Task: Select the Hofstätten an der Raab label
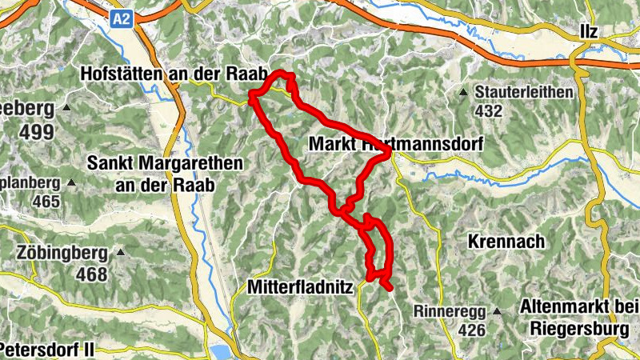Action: pyautogui.click(x=173, y=74)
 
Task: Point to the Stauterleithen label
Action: pyautogui.click(x=524, y=92)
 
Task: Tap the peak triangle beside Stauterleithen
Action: pyautogui.click(x=463, y=93)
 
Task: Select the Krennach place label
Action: pyautogui.click(x=507, y=241)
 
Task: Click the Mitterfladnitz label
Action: pyautogui.click(x=300, y=286)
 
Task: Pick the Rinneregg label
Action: pyautogui.click(x=449, y=310)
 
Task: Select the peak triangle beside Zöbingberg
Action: pyautogui.click(x=121, y=254)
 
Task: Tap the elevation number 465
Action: pyautogui.click(x=46, y=201)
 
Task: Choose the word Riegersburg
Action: pyautogui.click(x=578, y=326)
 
